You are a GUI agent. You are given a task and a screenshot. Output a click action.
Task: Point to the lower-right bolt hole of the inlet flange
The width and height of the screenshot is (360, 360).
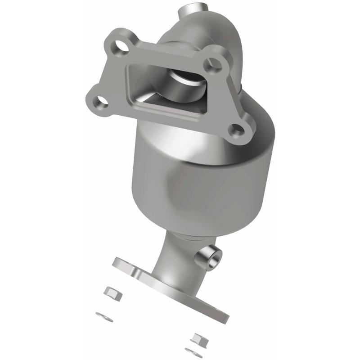point(237,130)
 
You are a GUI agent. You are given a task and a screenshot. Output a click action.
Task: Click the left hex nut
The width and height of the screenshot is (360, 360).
point(111,292)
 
